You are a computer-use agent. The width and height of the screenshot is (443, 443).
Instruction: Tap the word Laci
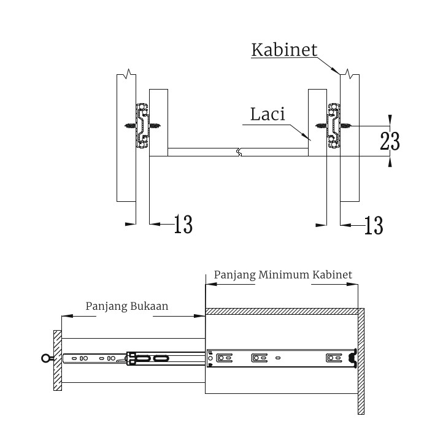point(268,114)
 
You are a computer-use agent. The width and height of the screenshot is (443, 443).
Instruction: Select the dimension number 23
point(390,141)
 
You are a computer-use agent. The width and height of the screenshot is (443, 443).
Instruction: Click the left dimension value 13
point(183,225)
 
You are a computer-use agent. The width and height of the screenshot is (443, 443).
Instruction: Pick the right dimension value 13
point(373,225)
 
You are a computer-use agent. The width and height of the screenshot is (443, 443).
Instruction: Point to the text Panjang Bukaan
point(127,305)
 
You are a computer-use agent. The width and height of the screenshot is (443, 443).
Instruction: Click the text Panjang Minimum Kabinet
point(283,275)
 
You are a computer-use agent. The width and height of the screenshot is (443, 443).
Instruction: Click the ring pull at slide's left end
point(45,358)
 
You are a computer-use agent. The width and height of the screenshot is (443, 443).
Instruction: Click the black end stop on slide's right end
point(353,358)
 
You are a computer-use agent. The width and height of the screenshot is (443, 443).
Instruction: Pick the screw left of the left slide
point(130,126)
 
